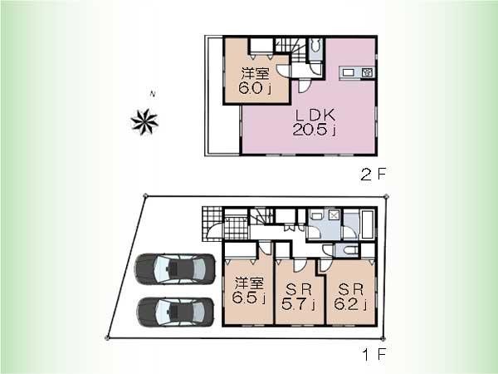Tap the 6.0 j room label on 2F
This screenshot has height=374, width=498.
point(252,81)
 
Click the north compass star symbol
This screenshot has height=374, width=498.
point(144,121)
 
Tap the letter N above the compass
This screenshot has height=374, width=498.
point(150,94)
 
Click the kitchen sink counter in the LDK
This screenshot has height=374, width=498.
point(358,73)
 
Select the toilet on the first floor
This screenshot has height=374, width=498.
point(347,251)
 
